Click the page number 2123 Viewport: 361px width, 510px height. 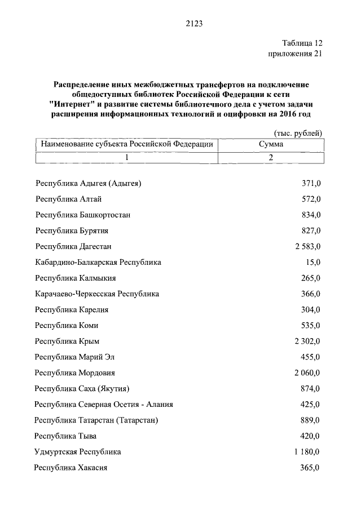click(193, 24)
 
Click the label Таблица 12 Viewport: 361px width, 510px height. click(302, 43)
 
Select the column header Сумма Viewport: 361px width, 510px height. click(271, 144)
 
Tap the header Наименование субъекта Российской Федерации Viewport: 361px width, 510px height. click(127, 144)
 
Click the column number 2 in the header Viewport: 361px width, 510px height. click(271, 157)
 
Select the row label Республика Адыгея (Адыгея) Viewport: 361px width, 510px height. click(88, 184)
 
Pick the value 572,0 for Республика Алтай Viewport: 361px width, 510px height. click(310, 199)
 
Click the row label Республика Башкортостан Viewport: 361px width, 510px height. click(83, 215)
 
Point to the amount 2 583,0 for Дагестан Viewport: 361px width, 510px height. click(307, 247)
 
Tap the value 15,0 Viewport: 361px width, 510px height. click(313, 263)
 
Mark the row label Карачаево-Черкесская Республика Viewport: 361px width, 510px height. click(97, 294)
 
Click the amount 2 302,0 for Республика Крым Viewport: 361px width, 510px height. click(307, 342)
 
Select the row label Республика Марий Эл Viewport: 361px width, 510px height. click(78, 357)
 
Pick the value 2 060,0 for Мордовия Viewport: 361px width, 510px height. click(307, 373)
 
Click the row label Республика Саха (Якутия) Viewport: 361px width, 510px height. click(82, 389)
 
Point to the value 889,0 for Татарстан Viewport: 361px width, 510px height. click(310, 420)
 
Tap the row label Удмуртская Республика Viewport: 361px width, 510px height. click(78, 452)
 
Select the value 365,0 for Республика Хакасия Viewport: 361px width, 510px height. click(310, 468)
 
